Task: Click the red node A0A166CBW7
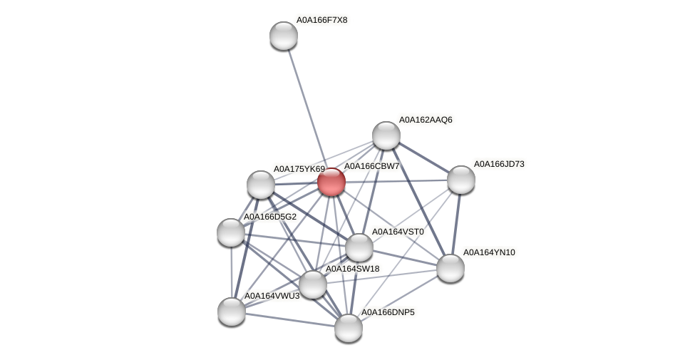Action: [331, 182]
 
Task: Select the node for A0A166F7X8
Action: [284, 36]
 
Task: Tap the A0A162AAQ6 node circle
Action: [386, 135]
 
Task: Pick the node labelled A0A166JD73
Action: [461, 180]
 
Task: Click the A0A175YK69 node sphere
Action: [261, 185]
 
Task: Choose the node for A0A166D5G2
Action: [231, 232]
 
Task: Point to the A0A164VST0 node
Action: [359, 247]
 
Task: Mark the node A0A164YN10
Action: [451, 268]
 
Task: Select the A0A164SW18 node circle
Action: [313, 284]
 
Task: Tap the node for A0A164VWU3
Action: [232, 311]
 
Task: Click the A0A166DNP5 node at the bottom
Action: [349, 328]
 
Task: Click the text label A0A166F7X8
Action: [321, 20]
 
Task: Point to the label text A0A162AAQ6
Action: [426, 120]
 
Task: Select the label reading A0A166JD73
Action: [499, 164]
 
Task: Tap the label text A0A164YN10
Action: [489, 252]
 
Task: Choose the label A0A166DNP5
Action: [387, 312]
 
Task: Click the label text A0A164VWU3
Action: [272, 296]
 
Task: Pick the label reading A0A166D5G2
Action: [270, 217]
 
